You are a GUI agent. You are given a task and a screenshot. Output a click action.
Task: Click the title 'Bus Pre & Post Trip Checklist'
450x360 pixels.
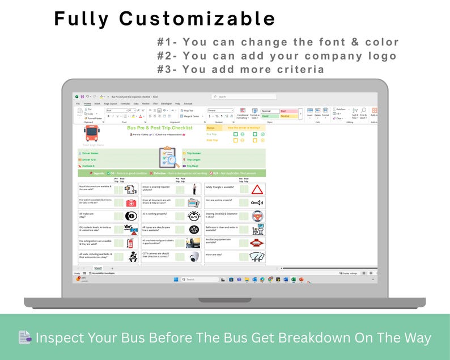pos(160,128)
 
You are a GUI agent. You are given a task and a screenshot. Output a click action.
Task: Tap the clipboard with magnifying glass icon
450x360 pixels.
pos(168,158)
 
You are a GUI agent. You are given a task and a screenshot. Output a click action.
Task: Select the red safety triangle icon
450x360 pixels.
pos(257,189)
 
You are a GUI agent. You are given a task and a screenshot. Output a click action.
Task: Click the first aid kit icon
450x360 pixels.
pos(131,202)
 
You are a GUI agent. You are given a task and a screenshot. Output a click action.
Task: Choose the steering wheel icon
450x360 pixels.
pos(257,216)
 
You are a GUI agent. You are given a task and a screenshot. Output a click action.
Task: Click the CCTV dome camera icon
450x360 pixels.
pos(194,257)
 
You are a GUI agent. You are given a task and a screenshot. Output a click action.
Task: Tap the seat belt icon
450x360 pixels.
pos(133,257)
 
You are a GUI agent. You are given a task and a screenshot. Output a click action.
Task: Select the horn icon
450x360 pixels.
pos(257,202)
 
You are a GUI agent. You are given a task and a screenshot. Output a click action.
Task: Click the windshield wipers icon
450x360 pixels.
pos(257,257)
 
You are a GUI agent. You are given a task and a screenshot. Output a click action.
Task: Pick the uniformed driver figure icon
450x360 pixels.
pos(194,189)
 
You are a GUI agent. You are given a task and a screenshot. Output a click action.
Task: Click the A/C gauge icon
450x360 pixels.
pos(194,216)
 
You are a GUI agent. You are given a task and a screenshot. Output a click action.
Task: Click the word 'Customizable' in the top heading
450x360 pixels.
pos(197,19)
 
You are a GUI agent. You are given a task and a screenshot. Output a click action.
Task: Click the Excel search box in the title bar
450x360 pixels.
pos(244,97)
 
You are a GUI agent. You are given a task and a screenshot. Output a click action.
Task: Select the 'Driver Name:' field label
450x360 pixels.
pos(90,153)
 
